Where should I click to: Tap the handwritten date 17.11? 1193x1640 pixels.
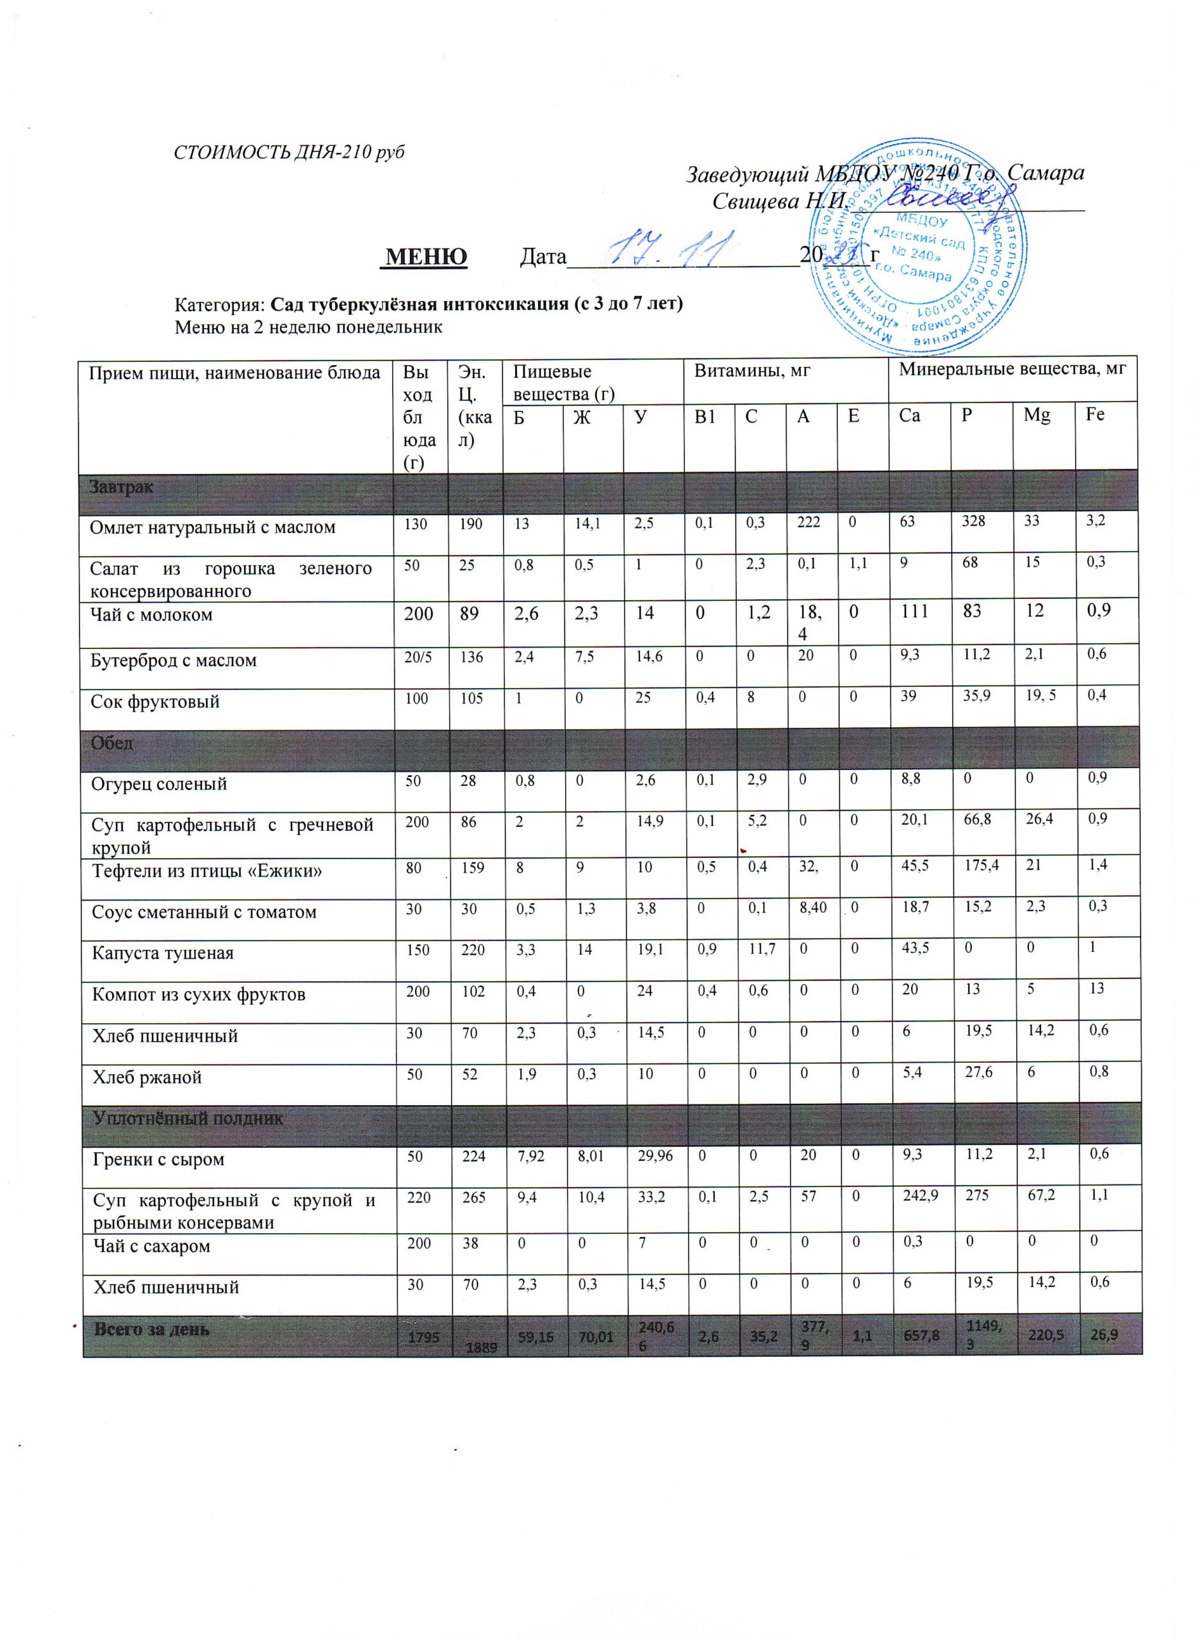click(x=671, y=249)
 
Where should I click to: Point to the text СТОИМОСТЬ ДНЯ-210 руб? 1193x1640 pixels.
click(x=289, y=152)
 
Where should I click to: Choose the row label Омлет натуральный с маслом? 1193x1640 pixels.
click(x=213, y=527)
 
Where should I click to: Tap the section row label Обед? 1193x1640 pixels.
click(x=112, y=742)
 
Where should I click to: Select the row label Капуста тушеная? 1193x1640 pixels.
click(x=163, y=953)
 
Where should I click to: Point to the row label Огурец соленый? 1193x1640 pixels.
click(x=159, y=783)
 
